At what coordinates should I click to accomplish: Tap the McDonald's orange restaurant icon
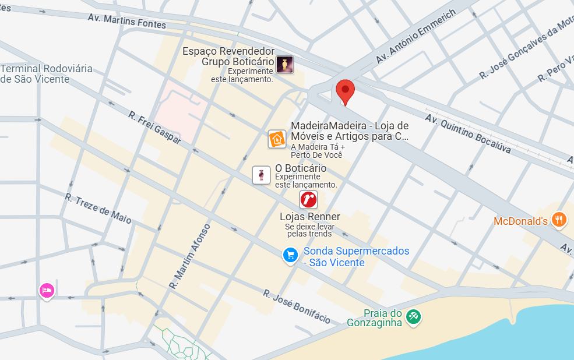click(x=559, y=220)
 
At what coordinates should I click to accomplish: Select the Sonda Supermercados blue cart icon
click(x=290, y=255)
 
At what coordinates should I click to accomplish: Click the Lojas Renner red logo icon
click(x=308, y=200)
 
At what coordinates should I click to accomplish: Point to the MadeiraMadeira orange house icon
click(x=277, y=139)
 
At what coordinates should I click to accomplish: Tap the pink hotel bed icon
click(x=47, y=290)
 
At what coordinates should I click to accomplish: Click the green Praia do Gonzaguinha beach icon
click(x=414, y=316)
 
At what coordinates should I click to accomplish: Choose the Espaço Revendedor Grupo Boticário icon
click(x=284, y=65)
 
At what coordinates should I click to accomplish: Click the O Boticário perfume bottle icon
click(x=261, y=175)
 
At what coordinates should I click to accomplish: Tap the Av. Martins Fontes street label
click(x=127, y=21)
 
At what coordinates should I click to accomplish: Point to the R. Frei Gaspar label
click(x=154, y=128)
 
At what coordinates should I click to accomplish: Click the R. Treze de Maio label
click(x=98, y=209)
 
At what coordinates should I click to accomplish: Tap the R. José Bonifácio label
click(x=297, y=306)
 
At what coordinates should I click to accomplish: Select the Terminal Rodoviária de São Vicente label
click(x=47, y=74)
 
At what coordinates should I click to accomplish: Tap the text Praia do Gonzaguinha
click(x=375, y=317)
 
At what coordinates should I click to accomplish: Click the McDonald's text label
click(x=520, y=221)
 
